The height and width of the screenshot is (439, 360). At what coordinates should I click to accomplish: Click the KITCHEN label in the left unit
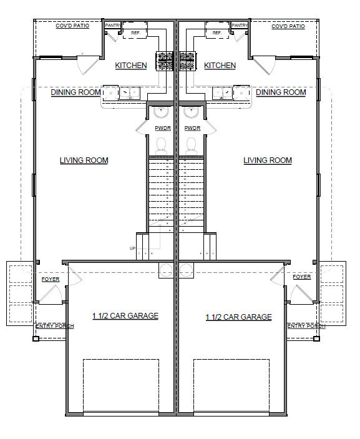coord(131,66)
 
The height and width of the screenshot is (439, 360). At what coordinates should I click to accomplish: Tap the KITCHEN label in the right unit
coord(220,66)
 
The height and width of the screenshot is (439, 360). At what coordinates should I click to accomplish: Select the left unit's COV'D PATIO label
coord(72,26)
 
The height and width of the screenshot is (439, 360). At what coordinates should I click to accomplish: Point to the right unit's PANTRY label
coord(240,26)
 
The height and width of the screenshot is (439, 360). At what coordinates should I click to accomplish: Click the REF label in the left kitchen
coord(135,32)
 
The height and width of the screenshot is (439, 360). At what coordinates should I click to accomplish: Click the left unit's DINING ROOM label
coord(75,92)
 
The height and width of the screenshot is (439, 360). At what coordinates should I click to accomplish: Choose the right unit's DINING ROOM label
coord(281,92)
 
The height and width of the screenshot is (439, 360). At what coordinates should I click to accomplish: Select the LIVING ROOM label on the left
coord(84,160)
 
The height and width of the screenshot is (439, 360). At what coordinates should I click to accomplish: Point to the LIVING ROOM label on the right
coord(267,160)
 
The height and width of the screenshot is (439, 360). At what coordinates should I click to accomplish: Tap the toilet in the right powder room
coord(192,144)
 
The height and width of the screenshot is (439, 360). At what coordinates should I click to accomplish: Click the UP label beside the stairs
coord(132,249)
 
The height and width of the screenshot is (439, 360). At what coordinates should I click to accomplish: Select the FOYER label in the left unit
coord(51,279)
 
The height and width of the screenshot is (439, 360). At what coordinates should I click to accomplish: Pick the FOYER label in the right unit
coord(301,277)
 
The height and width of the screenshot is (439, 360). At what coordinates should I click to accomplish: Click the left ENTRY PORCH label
coord(55,326)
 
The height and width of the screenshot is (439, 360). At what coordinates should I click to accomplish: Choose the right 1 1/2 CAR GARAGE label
coord(238,317)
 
